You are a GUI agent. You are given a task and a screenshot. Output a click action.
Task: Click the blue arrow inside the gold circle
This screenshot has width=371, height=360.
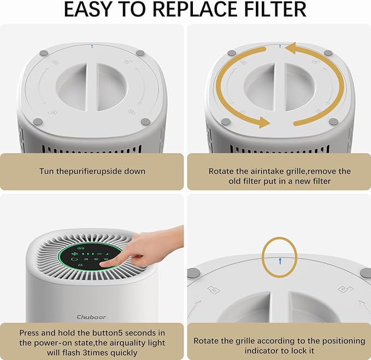click(280, 262)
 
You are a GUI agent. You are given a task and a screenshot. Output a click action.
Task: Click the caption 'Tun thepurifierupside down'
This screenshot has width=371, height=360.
click(92, 171)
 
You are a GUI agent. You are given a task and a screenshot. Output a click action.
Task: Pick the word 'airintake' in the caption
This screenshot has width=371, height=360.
click(264, 171)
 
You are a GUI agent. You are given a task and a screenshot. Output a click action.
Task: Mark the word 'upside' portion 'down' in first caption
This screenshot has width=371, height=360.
click(134, 171)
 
